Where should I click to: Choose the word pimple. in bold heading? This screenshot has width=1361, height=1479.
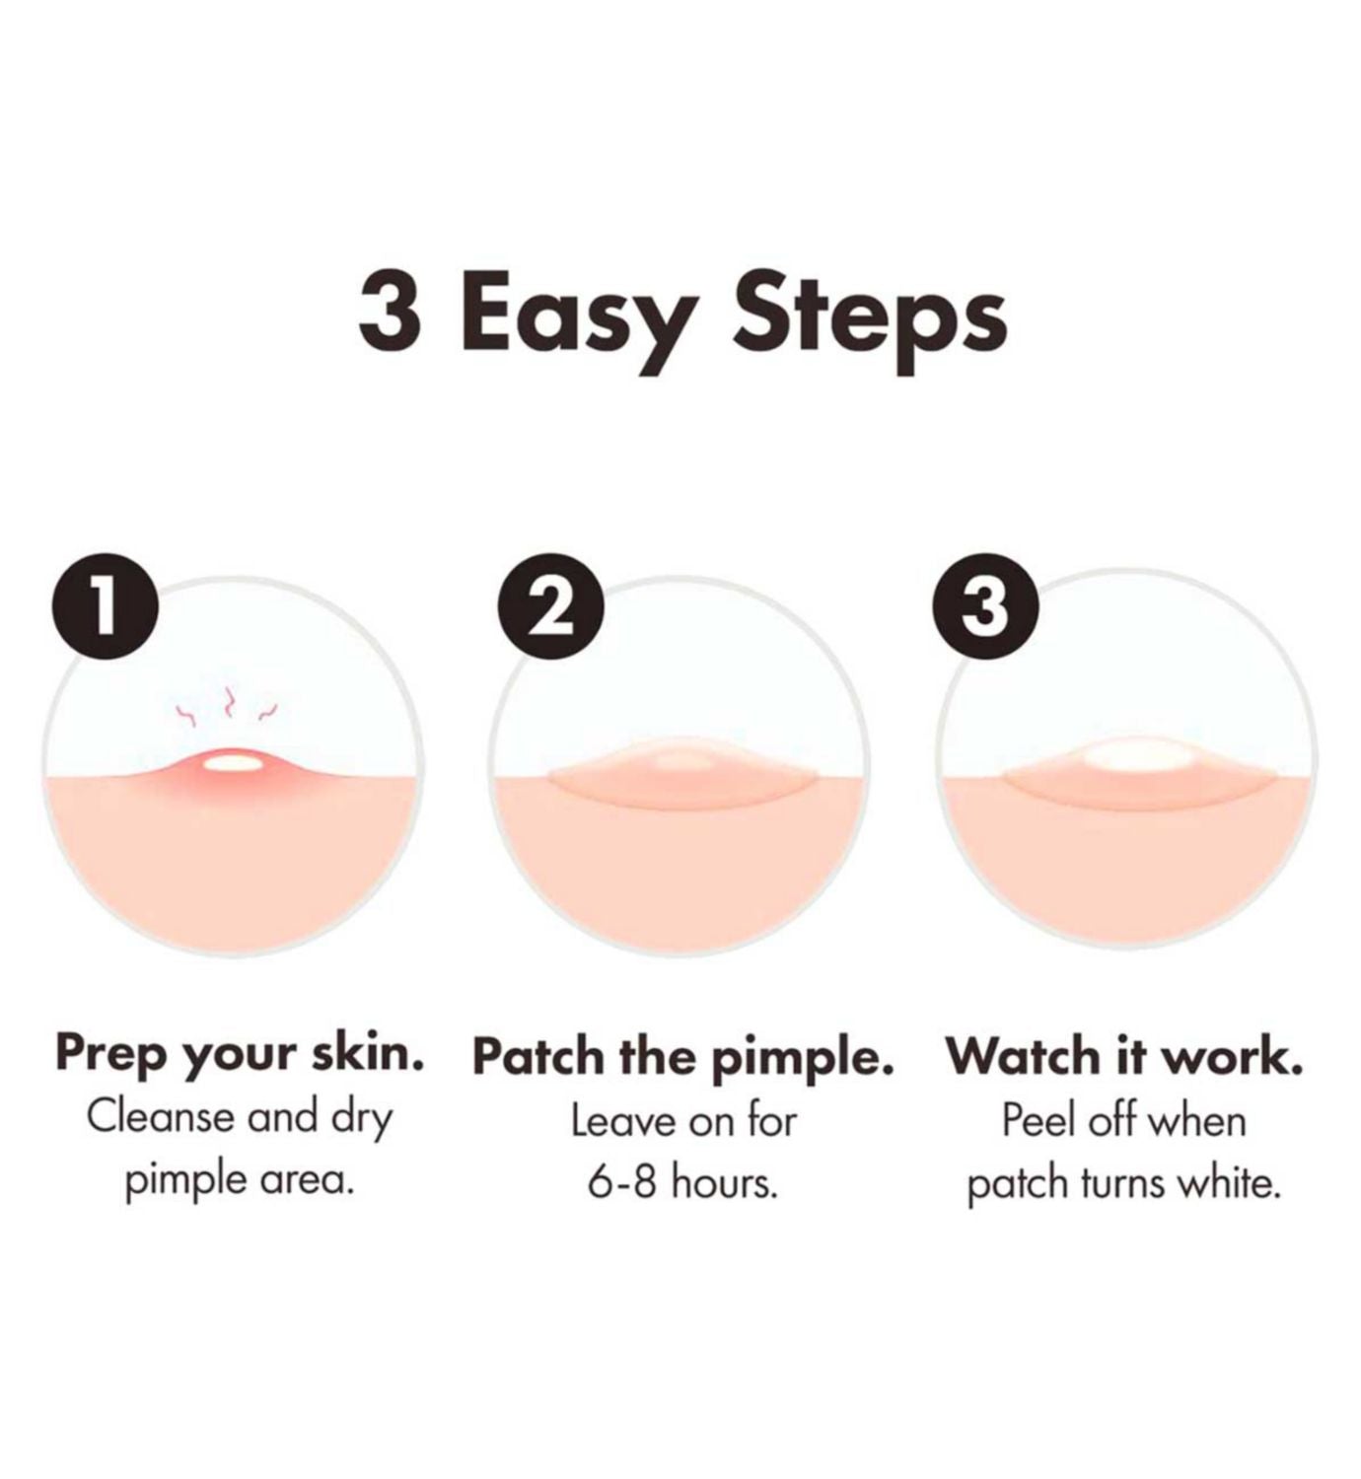click(x=803, y=1060)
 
